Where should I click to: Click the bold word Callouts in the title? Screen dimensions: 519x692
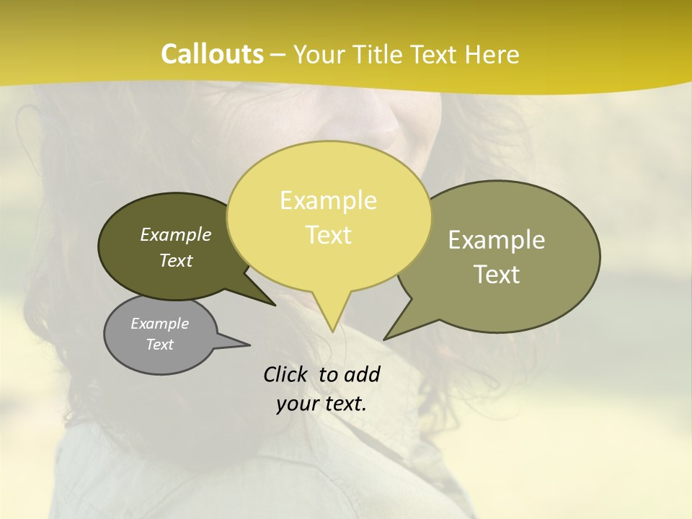click(212, 55)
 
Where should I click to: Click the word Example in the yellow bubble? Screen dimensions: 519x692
click(328, 200)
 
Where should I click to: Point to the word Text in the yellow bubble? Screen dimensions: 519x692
click(328, 235)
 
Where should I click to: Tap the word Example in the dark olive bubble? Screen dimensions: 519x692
click(176, 234)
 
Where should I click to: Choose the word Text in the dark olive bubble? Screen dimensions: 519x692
click(176, 260)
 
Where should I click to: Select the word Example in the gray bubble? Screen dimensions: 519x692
click(160, 324)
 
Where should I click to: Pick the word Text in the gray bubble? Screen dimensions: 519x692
click(160, 345)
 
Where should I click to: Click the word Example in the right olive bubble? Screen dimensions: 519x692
click(497, 240)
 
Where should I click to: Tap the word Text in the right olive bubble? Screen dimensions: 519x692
click(497, 275)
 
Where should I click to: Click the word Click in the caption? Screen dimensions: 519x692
click(285, 374)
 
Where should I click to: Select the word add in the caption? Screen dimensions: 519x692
click(362, 374)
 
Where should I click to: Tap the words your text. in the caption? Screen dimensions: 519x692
click(321, 404)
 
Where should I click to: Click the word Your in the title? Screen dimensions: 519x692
click(319, 55)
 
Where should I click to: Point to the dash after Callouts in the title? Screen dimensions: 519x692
click(279, 55)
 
